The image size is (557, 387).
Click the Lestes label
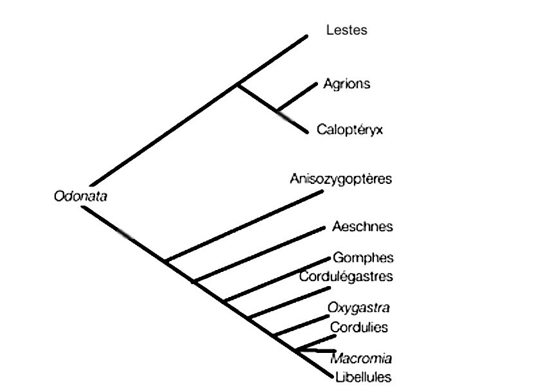(347, 30)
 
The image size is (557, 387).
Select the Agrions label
(347, 84)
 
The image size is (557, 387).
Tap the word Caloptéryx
(350, 129)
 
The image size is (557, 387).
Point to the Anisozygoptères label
(341, 179)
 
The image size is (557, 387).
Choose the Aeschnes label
(363, 226)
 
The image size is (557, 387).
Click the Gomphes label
(363, 257)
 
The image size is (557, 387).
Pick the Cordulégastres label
(346, 276)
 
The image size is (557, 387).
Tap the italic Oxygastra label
(358, 307)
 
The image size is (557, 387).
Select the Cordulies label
(358, 327)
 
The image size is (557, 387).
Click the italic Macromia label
(361, 358)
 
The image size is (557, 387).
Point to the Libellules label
(364, 377)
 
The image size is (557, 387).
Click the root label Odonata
(81, 196)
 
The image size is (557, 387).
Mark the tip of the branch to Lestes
(307, 36)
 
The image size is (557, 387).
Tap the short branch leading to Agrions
(297, 97)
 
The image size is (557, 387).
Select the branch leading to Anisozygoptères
(244, 226)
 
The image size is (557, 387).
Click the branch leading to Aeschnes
(259, 255)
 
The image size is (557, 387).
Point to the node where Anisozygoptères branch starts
(166, 261)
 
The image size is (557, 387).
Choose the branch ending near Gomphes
(277, 280)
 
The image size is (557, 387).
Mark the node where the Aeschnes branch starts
(194, 282)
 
